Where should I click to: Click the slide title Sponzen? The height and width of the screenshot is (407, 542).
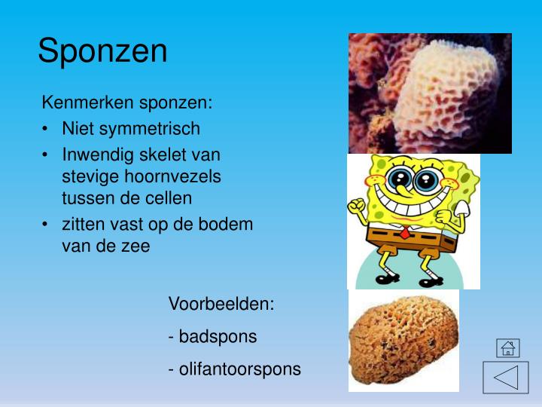click(x=102, y=51)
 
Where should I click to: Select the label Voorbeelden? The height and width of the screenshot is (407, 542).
click(x=221, y=304)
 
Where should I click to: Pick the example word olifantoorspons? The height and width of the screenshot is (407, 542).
click(x=239, y=369)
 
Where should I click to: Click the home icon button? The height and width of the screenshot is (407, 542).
click(x=508, y=348)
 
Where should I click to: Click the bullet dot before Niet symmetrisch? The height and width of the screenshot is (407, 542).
click(x=47, y=129)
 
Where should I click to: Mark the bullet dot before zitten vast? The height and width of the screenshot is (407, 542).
click(x=47, y=225)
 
